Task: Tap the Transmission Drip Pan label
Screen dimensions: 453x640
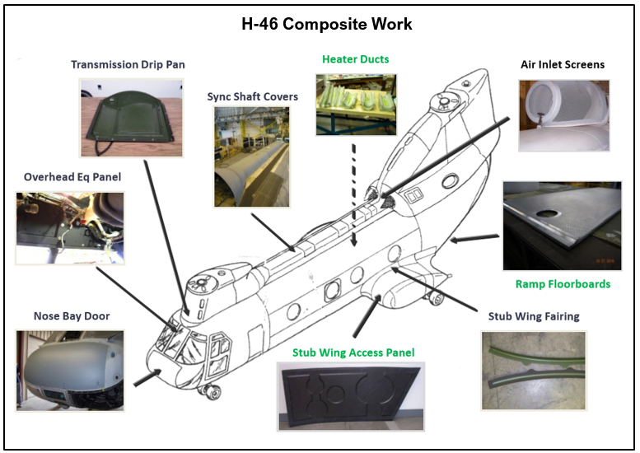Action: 127,64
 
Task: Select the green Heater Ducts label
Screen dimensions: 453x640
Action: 355,59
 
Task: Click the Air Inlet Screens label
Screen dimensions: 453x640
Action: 563,64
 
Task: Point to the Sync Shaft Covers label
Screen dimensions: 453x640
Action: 252,96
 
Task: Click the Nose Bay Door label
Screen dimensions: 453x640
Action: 71,315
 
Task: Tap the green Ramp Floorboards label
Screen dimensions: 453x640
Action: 563,284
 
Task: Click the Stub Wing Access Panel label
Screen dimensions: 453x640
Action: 353,353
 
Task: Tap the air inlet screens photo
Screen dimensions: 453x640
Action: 563,115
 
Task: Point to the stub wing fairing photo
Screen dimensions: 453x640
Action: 533,371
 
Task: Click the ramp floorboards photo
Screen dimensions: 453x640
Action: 562,226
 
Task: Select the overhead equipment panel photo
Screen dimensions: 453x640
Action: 70,228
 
